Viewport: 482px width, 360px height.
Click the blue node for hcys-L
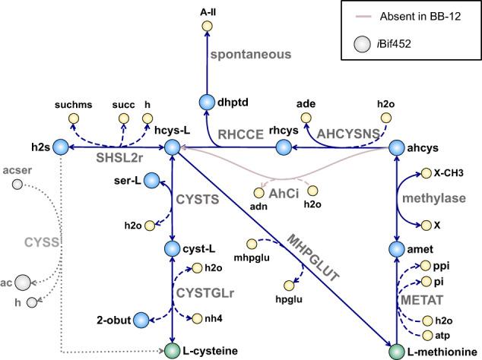point(173,147)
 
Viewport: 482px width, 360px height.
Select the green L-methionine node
point(397,351)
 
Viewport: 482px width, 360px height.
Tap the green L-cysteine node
point(173,351)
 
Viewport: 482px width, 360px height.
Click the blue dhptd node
point(207,103)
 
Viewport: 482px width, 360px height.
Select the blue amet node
point(397,249)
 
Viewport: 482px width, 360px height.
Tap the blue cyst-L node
point(173,248)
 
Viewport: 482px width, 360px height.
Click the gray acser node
point(17,184)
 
